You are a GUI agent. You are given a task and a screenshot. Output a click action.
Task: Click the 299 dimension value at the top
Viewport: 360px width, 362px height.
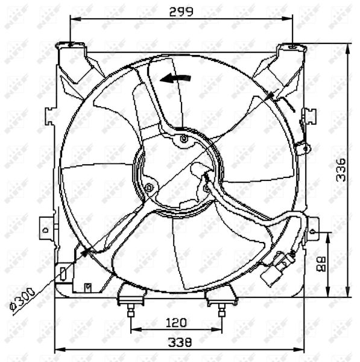(182, 11)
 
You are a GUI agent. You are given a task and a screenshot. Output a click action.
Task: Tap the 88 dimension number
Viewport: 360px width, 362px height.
(321, 263)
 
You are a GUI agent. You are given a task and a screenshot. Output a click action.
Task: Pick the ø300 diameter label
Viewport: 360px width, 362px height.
(23, 299)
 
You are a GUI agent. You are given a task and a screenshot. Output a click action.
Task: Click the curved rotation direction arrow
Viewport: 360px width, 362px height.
(175, 78)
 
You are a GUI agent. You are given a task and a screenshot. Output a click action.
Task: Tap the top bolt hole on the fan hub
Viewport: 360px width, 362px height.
(184, 140)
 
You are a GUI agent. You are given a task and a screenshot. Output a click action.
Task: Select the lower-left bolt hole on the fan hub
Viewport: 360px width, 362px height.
(149, 188)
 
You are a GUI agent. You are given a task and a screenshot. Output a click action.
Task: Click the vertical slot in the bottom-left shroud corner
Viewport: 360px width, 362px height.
(63, 273)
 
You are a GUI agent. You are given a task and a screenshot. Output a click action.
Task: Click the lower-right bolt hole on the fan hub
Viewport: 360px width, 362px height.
(206, 189)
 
